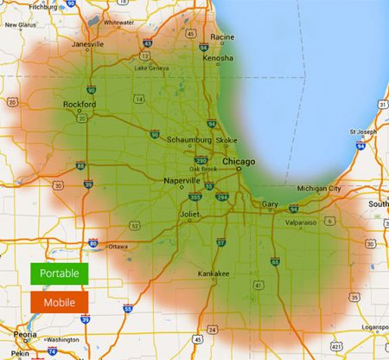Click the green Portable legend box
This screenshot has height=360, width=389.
point(59,273)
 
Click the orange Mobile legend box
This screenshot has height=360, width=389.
point(59,302)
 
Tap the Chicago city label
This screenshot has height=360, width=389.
point(239,162)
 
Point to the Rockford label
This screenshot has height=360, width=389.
point(80,106)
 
